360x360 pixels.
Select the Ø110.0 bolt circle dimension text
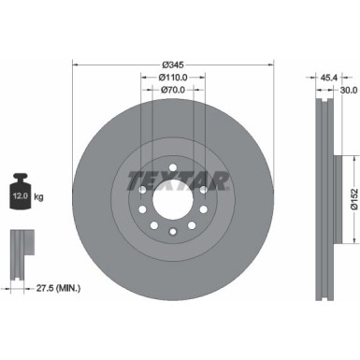coord(170,78)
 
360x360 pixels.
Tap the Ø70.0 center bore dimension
coord(170,91)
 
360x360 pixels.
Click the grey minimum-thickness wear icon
coord(18,247)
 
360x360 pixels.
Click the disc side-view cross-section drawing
coord(324,196)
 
